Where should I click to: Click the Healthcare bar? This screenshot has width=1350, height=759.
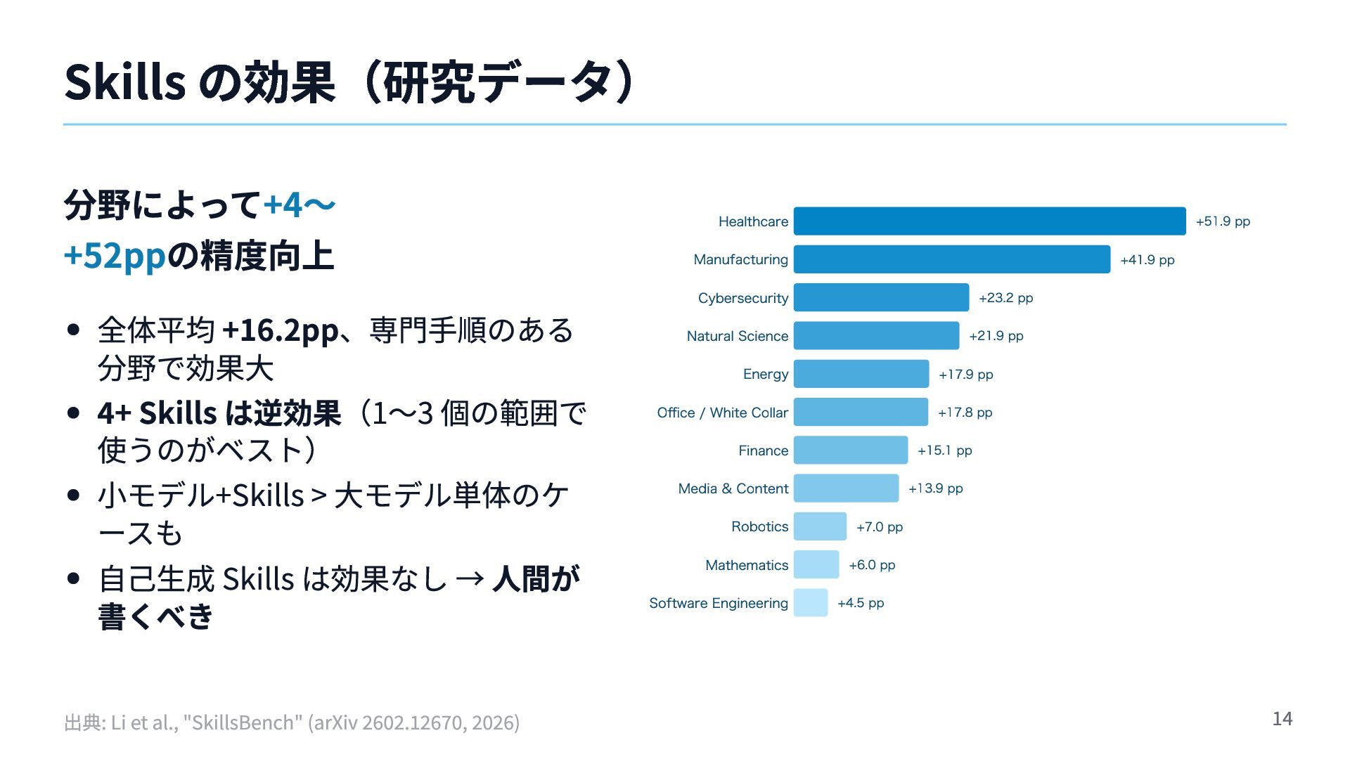[x=989, y=221]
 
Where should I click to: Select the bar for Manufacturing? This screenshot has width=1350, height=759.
[x=951, y=259]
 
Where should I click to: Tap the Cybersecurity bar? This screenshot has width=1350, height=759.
[x=881, y=297]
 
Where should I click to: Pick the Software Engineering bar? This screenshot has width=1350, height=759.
[x=811, y=603]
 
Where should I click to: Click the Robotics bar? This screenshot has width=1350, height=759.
[x=820, y=526]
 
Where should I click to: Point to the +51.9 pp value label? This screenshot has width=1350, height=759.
[x=1223, y=221]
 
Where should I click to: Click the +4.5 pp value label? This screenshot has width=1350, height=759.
[x=861, y=603]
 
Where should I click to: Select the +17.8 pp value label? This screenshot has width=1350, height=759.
[x=965, y=413]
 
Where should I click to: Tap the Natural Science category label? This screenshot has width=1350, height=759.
[x=737, y=336]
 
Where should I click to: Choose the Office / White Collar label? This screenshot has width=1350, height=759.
[x=722, y=413]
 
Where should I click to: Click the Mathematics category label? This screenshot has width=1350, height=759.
[x=747, y=565]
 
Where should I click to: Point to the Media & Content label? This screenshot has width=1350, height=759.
[x=733, y=488]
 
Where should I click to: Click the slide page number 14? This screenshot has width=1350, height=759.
[x=1282, y=718]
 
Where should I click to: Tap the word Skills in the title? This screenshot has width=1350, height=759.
[x=124, y=82]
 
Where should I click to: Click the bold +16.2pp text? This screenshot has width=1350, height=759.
[x=280, y=330]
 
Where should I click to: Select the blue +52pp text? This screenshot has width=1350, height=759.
[x=115, y=255]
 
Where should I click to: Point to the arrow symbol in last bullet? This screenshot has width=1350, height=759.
[x=469, y=579]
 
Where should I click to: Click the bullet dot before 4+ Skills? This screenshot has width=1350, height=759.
[x=73, y=413]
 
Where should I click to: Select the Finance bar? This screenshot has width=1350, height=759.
[x=851, y=450]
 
